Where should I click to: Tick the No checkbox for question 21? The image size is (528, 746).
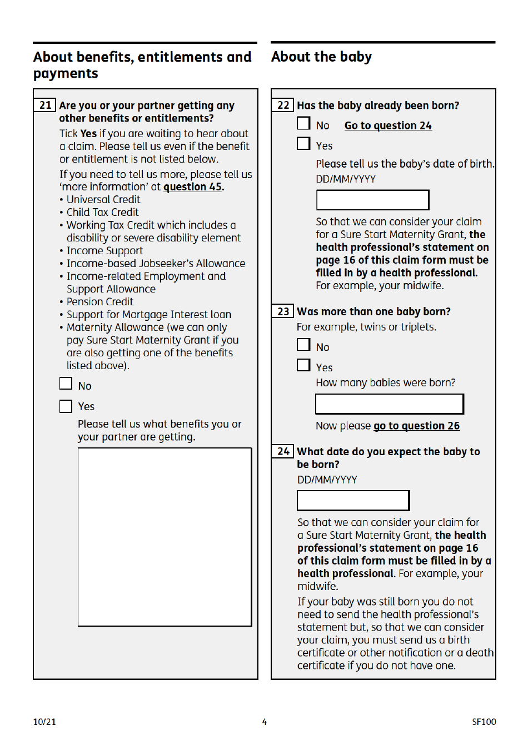[66, 384]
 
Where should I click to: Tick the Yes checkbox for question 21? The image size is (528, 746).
[66, 406]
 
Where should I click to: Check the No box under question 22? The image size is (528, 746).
[303, 123]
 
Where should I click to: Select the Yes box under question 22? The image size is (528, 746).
[303, 144]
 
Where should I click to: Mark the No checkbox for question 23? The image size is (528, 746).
[303, 345]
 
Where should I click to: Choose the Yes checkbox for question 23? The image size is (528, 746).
[303, 365]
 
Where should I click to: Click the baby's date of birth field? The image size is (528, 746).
[372, 200]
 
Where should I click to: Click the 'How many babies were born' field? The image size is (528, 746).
[389, 404]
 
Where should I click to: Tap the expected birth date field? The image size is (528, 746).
[353, 500]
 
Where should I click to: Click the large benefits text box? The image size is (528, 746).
[165, 537]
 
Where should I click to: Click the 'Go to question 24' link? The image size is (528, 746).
[388, 126]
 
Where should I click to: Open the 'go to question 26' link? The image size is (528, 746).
[416, 426]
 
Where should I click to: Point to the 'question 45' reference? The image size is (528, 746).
[193, 187]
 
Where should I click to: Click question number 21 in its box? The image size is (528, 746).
[45, 105]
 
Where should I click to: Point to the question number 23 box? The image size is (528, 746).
[283, 311]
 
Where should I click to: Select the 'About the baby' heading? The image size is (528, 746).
[321, 57]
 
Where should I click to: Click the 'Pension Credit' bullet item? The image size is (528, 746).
[100, 302]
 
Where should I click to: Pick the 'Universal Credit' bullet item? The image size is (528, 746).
[103, 200]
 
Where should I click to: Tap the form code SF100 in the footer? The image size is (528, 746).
[484, 722]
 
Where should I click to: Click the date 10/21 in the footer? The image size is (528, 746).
[44, 722]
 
